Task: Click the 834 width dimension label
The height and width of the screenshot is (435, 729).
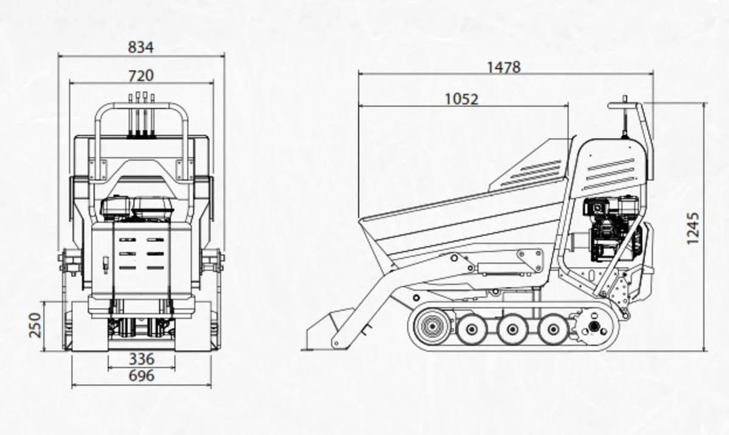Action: (141, 47)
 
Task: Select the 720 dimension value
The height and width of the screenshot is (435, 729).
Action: (141, 75)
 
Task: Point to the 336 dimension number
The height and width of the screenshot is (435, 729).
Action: (141, 359)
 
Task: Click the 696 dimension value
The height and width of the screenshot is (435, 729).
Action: (141, 376)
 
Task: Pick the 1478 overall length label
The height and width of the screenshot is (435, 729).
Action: (504, 67)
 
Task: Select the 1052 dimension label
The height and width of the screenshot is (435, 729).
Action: (462, 99)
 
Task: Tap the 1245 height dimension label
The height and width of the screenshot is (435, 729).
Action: (693, 228)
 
